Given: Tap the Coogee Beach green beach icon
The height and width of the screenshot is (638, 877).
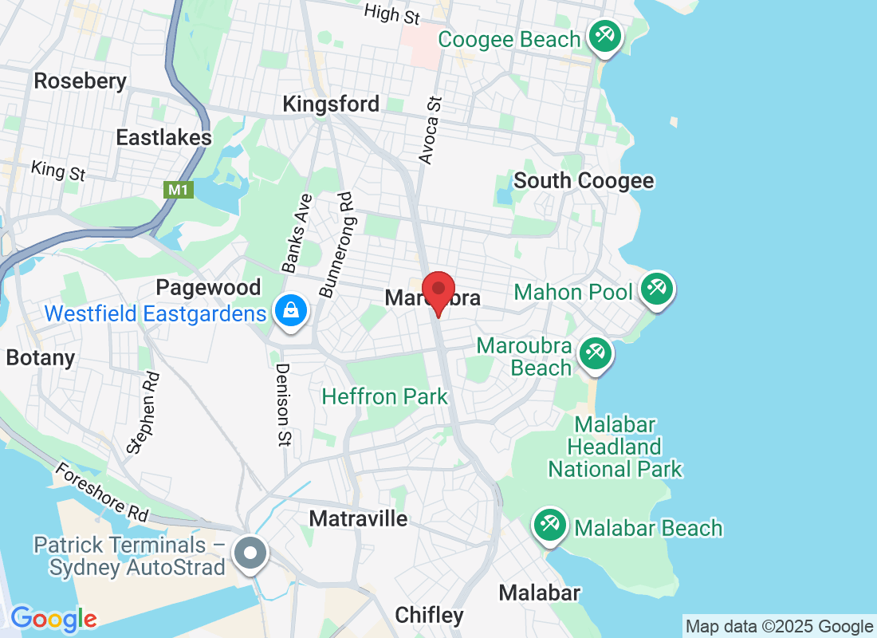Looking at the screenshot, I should [x=605, y=37].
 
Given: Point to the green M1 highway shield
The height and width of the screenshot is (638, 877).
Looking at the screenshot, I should [x=176, y=190].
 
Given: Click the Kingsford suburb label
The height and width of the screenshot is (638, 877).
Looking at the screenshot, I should [x=331, y=104].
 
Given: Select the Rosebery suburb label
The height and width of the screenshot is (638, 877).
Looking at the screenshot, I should [x=81, y=81].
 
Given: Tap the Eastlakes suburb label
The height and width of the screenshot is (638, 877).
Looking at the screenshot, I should [x=164, y=137].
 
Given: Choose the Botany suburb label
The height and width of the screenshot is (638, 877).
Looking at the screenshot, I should [x=40, y=357].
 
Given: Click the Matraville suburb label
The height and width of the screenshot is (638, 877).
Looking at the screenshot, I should [x=358, y=519].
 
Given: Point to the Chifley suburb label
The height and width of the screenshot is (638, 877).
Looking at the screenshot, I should [x=430, y=615].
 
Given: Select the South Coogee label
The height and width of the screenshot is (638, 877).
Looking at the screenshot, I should [x=584, y=181].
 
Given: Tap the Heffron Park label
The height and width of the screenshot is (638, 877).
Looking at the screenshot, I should [x=385, y=396].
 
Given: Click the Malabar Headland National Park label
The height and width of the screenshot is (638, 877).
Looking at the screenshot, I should [x=615, y=447].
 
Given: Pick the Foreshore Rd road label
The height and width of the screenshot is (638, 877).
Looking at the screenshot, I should [x=101, y=493].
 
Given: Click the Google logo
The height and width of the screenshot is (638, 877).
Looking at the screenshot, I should [x=54, y=618].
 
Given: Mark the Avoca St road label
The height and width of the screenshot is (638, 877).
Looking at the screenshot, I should [x=431, y=132].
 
